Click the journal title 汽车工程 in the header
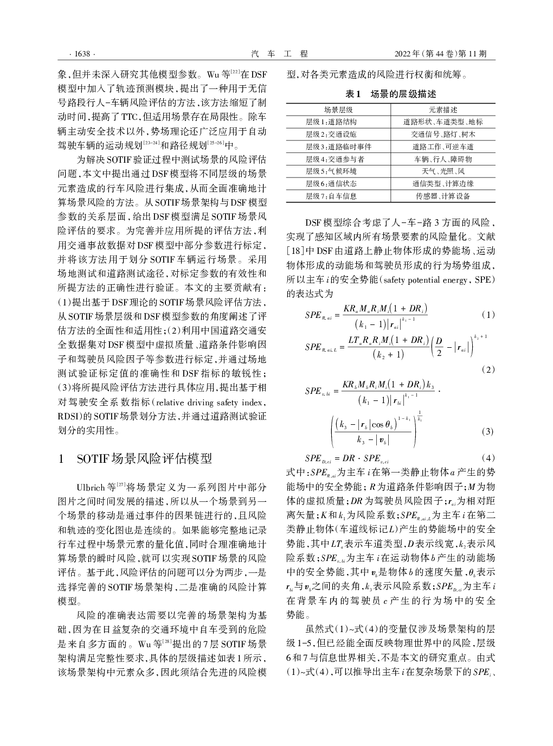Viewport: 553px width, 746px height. (x=280, y=54)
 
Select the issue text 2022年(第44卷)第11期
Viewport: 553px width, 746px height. (x=440, y=54)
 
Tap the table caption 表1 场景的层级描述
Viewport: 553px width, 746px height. (x=391, y=94)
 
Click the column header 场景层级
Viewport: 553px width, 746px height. (x=338, y=110)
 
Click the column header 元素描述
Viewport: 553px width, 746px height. (x=443, y=110)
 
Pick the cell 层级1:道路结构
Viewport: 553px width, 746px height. (x=331, y=122)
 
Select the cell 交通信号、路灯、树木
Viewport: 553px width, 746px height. (x=443, y=135)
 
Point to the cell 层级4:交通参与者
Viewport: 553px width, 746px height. (x=335, y=159)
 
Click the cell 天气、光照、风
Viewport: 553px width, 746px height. (x=443, y=171)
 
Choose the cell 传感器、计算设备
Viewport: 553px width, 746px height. (x=443, y=196)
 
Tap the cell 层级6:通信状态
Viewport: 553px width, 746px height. (x=331, y=184)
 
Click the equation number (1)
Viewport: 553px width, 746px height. (x=488, y=315)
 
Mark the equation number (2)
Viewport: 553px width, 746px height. (x=488, y=369)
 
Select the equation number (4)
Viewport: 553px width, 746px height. (x=488, y=457)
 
